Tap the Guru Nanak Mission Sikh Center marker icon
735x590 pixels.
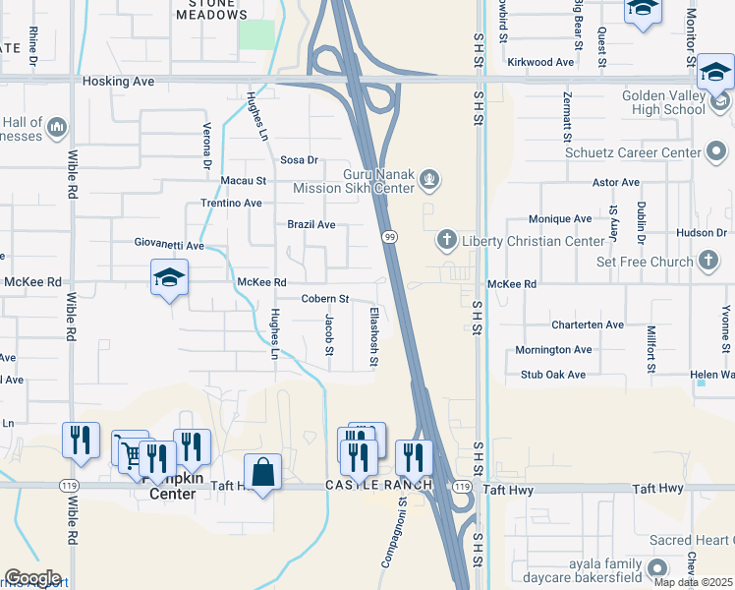(x=427, y=179)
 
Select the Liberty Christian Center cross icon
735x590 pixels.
(x=447, y=241)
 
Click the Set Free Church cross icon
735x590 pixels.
(x=707, y=262)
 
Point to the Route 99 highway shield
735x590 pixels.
(x=389, y=237)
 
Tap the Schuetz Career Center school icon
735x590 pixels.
(x=717, y=152)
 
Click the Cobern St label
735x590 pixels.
(x=325, y=298)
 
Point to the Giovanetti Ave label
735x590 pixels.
(x=169, y=243)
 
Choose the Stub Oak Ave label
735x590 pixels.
(x=553, y=375)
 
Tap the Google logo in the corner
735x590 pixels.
(x=32, y=578)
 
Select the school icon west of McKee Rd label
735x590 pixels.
(x=169, y=278)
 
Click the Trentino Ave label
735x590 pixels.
(x=231, y=203)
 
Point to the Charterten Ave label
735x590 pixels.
(x=588, y=324)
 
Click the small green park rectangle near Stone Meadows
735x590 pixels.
(x=256, y=33)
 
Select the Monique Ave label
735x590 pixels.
(x=560, y=219)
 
